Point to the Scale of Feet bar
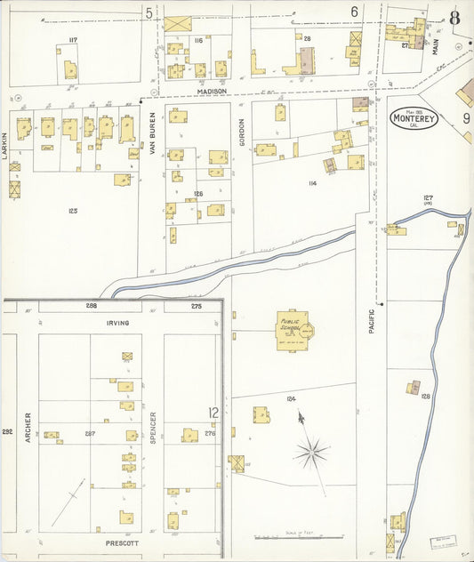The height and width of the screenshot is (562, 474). [x=297, y=537]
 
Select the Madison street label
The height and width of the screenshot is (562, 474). [x=212, y=92]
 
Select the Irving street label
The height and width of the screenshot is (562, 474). [x=117, y=324]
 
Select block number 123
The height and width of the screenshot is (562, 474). [x=72, y=211]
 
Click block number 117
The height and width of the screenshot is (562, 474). [x=73, y=40]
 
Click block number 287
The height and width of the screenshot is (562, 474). [x=90, y=433]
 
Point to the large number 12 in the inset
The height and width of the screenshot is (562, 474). [x=213, y=413]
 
